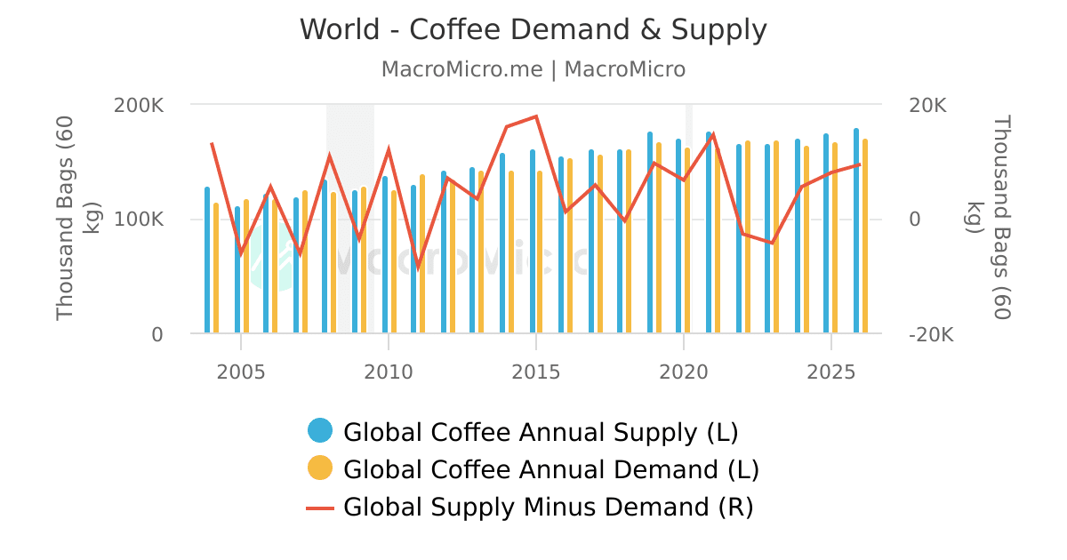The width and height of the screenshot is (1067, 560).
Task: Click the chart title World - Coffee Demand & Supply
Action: coord(533,30)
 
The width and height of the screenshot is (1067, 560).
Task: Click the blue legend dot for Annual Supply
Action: coord(320,431)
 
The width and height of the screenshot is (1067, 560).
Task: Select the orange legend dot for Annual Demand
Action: coord(320,468)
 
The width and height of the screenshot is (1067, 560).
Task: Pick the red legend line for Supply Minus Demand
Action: coord(320,508)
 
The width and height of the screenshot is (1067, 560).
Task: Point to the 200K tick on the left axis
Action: coord(139,105)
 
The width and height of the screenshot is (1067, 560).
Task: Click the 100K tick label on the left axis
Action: coord(139,220)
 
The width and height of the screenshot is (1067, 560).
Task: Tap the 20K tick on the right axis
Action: coord(927,105)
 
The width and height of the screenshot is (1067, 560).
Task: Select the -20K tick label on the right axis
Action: coord(931,335)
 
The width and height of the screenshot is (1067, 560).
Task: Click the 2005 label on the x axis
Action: coord(241,371)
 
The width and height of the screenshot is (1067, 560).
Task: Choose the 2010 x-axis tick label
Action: coord(389,371)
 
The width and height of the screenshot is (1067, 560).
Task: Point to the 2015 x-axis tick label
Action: coord(536,371)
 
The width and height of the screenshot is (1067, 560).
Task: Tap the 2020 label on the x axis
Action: coord(683,371)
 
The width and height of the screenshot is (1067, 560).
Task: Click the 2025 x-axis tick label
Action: coord(830,371)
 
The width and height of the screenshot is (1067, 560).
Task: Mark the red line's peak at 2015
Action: coord(536,116)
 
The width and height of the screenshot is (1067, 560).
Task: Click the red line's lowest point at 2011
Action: coord(418,266)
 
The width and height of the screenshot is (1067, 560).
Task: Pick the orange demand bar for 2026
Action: coord(865,236)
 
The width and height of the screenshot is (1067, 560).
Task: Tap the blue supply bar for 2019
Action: coord(650,233)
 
